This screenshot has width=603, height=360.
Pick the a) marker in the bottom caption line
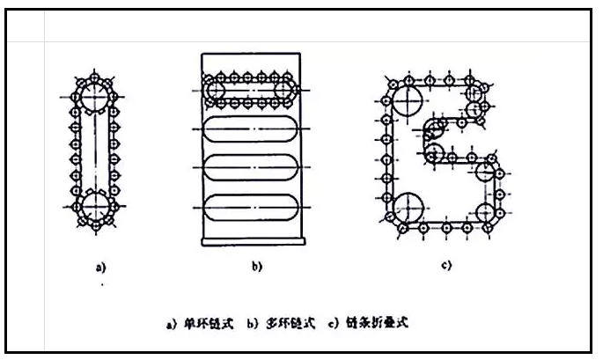point(173,324)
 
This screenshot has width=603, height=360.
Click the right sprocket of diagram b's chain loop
point(285,90)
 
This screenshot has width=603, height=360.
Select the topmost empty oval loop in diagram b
point(251,130)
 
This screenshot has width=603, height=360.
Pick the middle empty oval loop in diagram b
point(251,167)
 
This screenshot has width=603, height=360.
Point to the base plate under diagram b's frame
point(251,241)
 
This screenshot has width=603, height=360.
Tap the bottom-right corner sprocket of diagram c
point(486,214)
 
